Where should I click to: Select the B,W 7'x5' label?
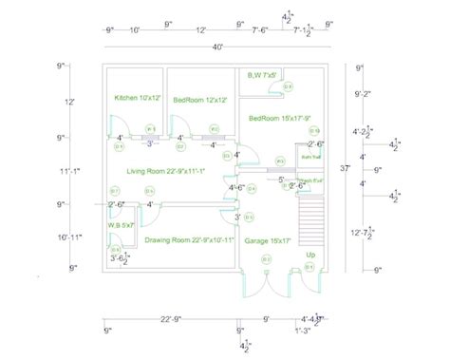pos(262,74)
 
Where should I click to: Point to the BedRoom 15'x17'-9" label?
pos(275,118)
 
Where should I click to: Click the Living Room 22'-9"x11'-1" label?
pos(168,170)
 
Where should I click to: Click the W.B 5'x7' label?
pos(121,224)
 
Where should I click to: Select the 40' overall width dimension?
pos(217,47)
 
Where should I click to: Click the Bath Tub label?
pos(309,156)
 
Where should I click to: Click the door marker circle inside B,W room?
pos(289,87)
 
